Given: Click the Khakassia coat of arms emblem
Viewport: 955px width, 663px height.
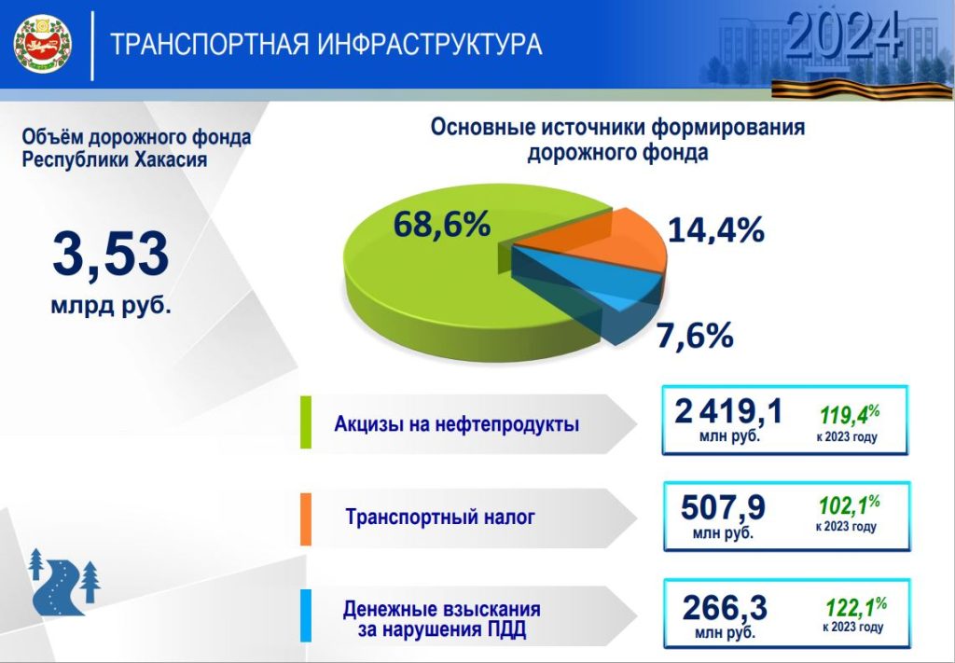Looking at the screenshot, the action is pyautogui.click(x=43, y=45).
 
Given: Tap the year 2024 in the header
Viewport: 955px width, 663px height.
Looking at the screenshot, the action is pyautogui.click(x=843, y=35).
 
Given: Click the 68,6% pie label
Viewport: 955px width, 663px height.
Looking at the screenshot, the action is pyautogui.click(x=441, y=224).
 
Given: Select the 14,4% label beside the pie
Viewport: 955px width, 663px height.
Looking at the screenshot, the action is pyautogui.click(x=715, y=230).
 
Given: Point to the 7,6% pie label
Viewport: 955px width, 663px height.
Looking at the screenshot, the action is pyautogui.click(x=694, y=336).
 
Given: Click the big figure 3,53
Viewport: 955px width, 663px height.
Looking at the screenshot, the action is pyautogui.click(x=110, y=255).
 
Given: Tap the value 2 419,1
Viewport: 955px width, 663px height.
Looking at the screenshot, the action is pyautogui.click(x=727, y=411).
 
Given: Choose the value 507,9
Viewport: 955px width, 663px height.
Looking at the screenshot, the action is pyautogui.click(x=723, y=507).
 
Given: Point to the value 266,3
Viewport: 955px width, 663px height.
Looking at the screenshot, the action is pyautogui.click(x=725, y=608).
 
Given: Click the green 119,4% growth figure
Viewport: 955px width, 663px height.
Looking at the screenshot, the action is pyautogui.click(x=850, y=415).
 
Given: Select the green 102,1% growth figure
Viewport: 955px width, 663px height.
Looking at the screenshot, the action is pyautogui.click(x=849, y=504).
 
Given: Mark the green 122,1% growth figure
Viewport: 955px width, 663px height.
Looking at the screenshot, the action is pyautogui.click(x=856, y=606).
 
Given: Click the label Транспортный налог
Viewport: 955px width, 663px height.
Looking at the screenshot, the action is pyautogui.click(x=440, y=517).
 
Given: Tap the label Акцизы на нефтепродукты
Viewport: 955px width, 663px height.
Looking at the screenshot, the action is pyautogui.click(x=457, y=423).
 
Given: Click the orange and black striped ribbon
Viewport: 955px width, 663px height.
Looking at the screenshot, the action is pyautogui.click(x=862, y=89).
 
